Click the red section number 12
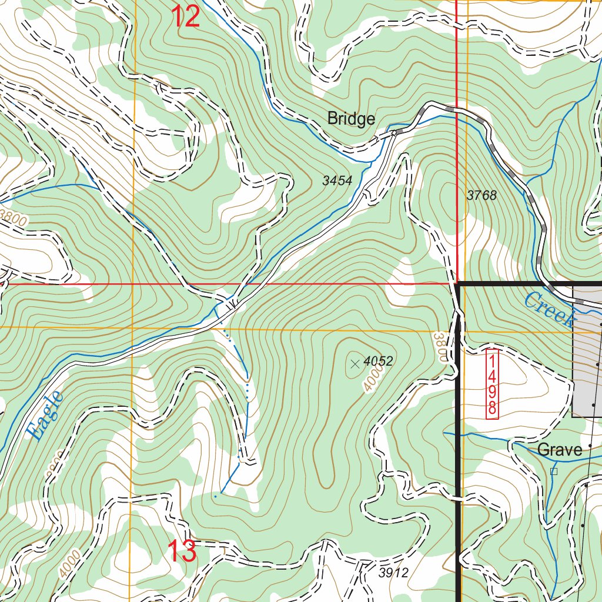point(186,16)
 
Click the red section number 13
point(182,551)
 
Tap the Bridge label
point(351,119)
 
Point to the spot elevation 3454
point(337,181)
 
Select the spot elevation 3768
point(481,196)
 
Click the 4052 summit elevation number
point(378,361)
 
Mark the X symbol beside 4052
point(354,364)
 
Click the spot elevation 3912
point(393,573)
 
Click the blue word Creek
point(549,310)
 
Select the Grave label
point(560,450)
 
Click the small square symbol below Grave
point(553,471)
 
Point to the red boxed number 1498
point(492,383)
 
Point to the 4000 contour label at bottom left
point(69,563)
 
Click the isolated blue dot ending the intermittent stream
point(215,497)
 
